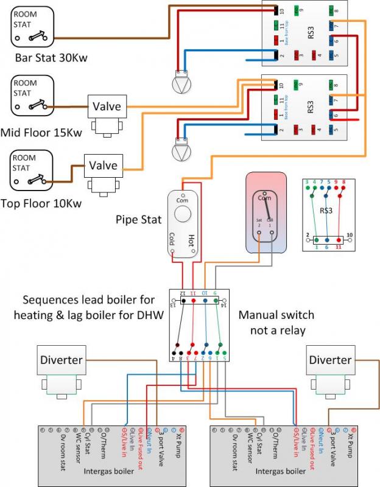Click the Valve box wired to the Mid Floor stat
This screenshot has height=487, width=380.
(x=107, y=107)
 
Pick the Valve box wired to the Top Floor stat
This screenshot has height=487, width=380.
(x=103, y=165)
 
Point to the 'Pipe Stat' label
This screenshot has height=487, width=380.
(x=138, y=218)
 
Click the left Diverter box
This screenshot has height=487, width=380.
(x=61, y=360)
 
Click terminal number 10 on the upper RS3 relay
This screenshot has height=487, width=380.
(x=283, y=11)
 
